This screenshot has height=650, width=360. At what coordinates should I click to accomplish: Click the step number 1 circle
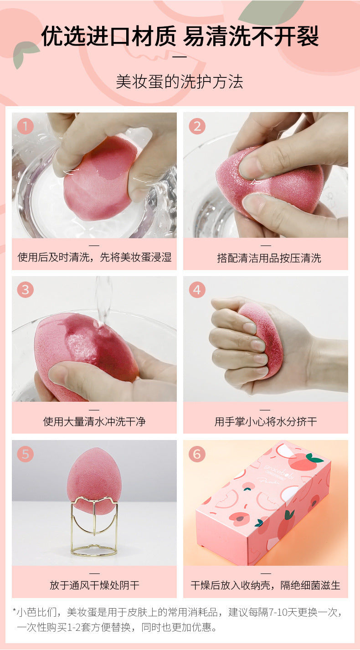[25, 126]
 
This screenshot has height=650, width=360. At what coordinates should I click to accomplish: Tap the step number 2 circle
[197, 126]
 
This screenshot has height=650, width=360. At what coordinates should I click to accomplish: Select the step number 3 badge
[25, 290]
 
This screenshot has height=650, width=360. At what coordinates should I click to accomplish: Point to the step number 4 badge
[197, 290]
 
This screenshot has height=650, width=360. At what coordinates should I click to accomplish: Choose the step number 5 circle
[25, 454]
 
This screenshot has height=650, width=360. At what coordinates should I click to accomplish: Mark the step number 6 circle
[197, 454]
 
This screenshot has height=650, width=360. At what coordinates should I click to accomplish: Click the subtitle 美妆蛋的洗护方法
[180, 82]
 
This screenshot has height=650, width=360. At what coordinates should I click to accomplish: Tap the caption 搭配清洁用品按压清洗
[269, 258]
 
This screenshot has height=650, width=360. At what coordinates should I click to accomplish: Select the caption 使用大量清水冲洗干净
[94, 421]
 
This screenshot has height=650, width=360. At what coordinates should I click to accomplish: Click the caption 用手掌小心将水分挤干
[266, 421]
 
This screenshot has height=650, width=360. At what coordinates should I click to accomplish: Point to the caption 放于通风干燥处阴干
[94, 585]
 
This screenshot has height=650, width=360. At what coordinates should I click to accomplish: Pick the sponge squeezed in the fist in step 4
[261, 339]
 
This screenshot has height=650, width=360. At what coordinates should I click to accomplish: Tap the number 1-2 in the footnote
[74, 627]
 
